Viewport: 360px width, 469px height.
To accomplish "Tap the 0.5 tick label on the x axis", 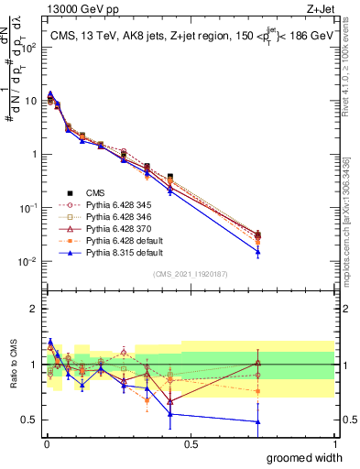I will point(191,444).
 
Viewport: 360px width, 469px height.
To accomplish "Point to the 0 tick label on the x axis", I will point(47,444).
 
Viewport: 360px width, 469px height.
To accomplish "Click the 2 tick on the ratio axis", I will point(34,309).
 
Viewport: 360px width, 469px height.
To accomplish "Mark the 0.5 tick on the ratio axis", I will point(30,420).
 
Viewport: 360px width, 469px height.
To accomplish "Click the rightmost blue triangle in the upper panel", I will point(258,252).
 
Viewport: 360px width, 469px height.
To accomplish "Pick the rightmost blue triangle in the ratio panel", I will point(258,421).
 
